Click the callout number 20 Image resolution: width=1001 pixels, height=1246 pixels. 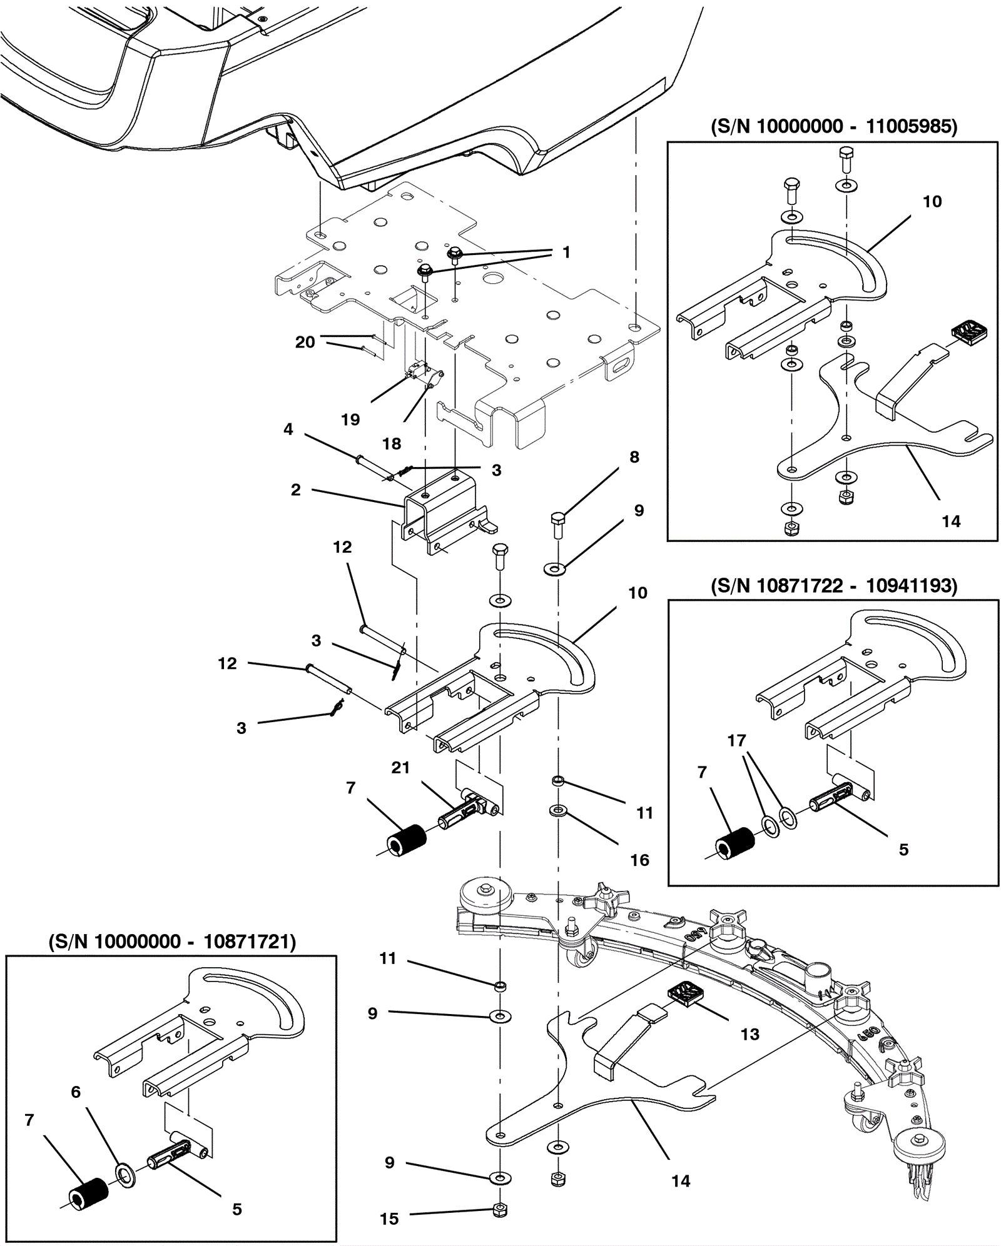(305, 342)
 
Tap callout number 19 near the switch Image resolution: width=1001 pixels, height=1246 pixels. (350, 420)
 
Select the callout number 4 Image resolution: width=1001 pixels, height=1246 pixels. (288, 429)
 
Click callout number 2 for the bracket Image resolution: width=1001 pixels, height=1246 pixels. (296, 490)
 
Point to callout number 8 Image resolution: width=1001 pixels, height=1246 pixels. (634, 457)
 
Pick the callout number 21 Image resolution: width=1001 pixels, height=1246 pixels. (400, 768)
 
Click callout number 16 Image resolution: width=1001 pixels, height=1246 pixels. (639, 860)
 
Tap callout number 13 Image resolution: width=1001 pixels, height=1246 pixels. (749, 1034)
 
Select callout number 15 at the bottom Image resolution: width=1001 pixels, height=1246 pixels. (389, 1218)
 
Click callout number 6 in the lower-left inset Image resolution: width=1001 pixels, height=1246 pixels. (76, 1092)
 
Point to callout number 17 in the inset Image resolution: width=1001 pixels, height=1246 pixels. (736, 740)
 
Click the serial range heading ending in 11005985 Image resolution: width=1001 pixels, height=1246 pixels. (834, 127)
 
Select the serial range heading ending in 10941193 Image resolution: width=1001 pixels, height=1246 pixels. (834, 586)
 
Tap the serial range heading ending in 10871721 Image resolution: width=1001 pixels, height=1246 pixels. (172, 942)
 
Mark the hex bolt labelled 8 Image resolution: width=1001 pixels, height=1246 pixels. (557, 525)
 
